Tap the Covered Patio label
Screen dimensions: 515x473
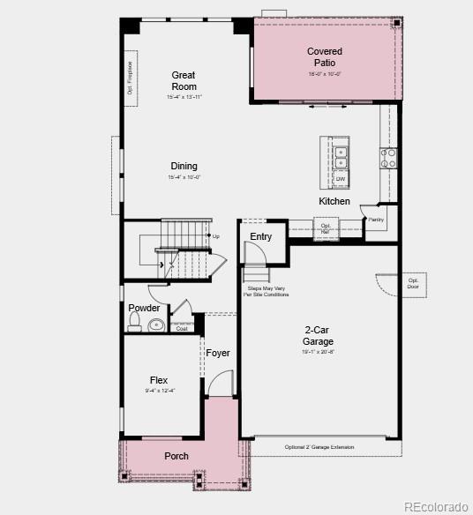[325, 57]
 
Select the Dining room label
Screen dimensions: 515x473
[184, 166]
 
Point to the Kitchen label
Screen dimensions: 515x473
[334, 201]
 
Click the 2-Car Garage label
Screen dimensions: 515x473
[318, 336]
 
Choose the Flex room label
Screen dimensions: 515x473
[159, 381]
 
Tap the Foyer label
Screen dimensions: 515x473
[218, 353]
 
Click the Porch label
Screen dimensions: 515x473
[176, 456]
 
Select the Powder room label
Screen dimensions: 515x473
[144, 308]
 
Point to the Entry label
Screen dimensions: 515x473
[261, 236]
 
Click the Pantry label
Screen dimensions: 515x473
[375, 219]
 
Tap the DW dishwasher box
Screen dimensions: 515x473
[341, 179]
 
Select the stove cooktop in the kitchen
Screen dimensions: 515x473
[388, 158]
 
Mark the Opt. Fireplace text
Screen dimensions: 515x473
[130, 77]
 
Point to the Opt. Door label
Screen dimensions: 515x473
[413, 283]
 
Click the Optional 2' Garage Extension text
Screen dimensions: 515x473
[319, 447]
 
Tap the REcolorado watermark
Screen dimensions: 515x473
[437, 506]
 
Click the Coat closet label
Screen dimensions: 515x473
[182, 328]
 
